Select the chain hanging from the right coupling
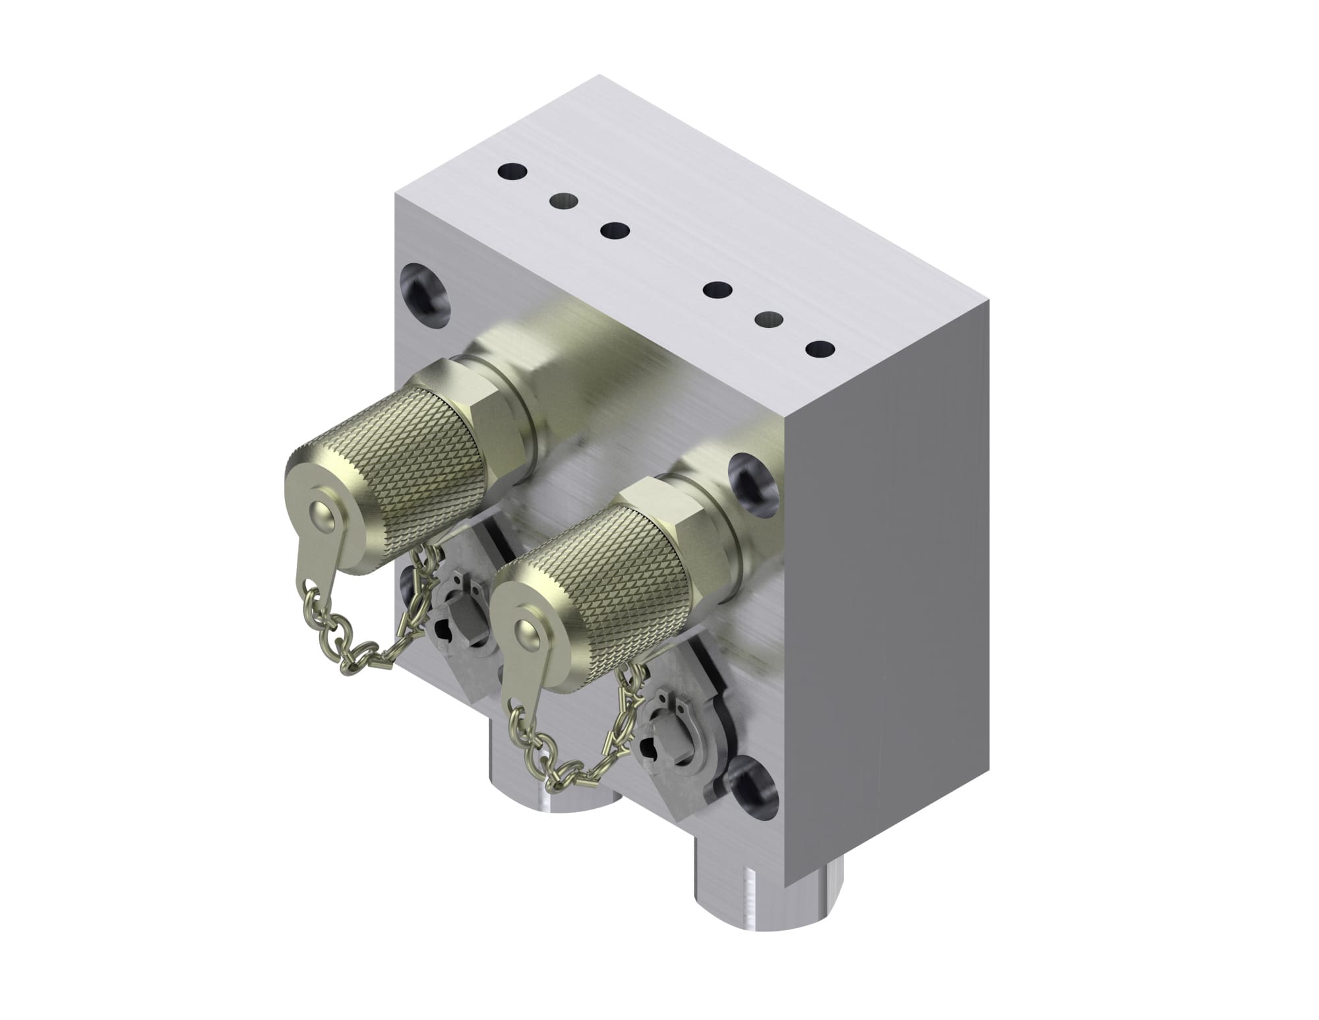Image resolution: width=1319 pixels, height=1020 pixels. pyautogui.click(x=567, y=752)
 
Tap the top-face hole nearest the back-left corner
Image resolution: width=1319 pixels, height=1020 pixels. pyautogui.click(x=513, y=172)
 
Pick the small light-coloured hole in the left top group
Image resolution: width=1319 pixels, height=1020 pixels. pyautogui.click(x=563, y=199)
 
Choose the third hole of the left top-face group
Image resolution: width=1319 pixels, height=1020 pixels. pyautogui.click(x=615, y=231)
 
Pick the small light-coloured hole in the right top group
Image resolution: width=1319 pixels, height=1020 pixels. pyautogui.click(x=768, y=319)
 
